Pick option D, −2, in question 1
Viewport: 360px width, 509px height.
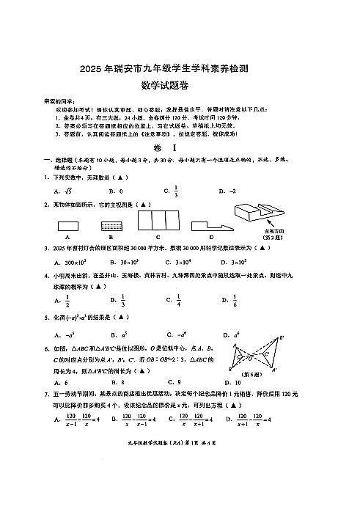[232, 191]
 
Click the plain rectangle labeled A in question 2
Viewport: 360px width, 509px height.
[67, 226]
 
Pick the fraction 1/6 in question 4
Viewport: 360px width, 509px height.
[235, 299]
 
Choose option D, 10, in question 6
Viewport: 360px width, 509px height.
[233, 382]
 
